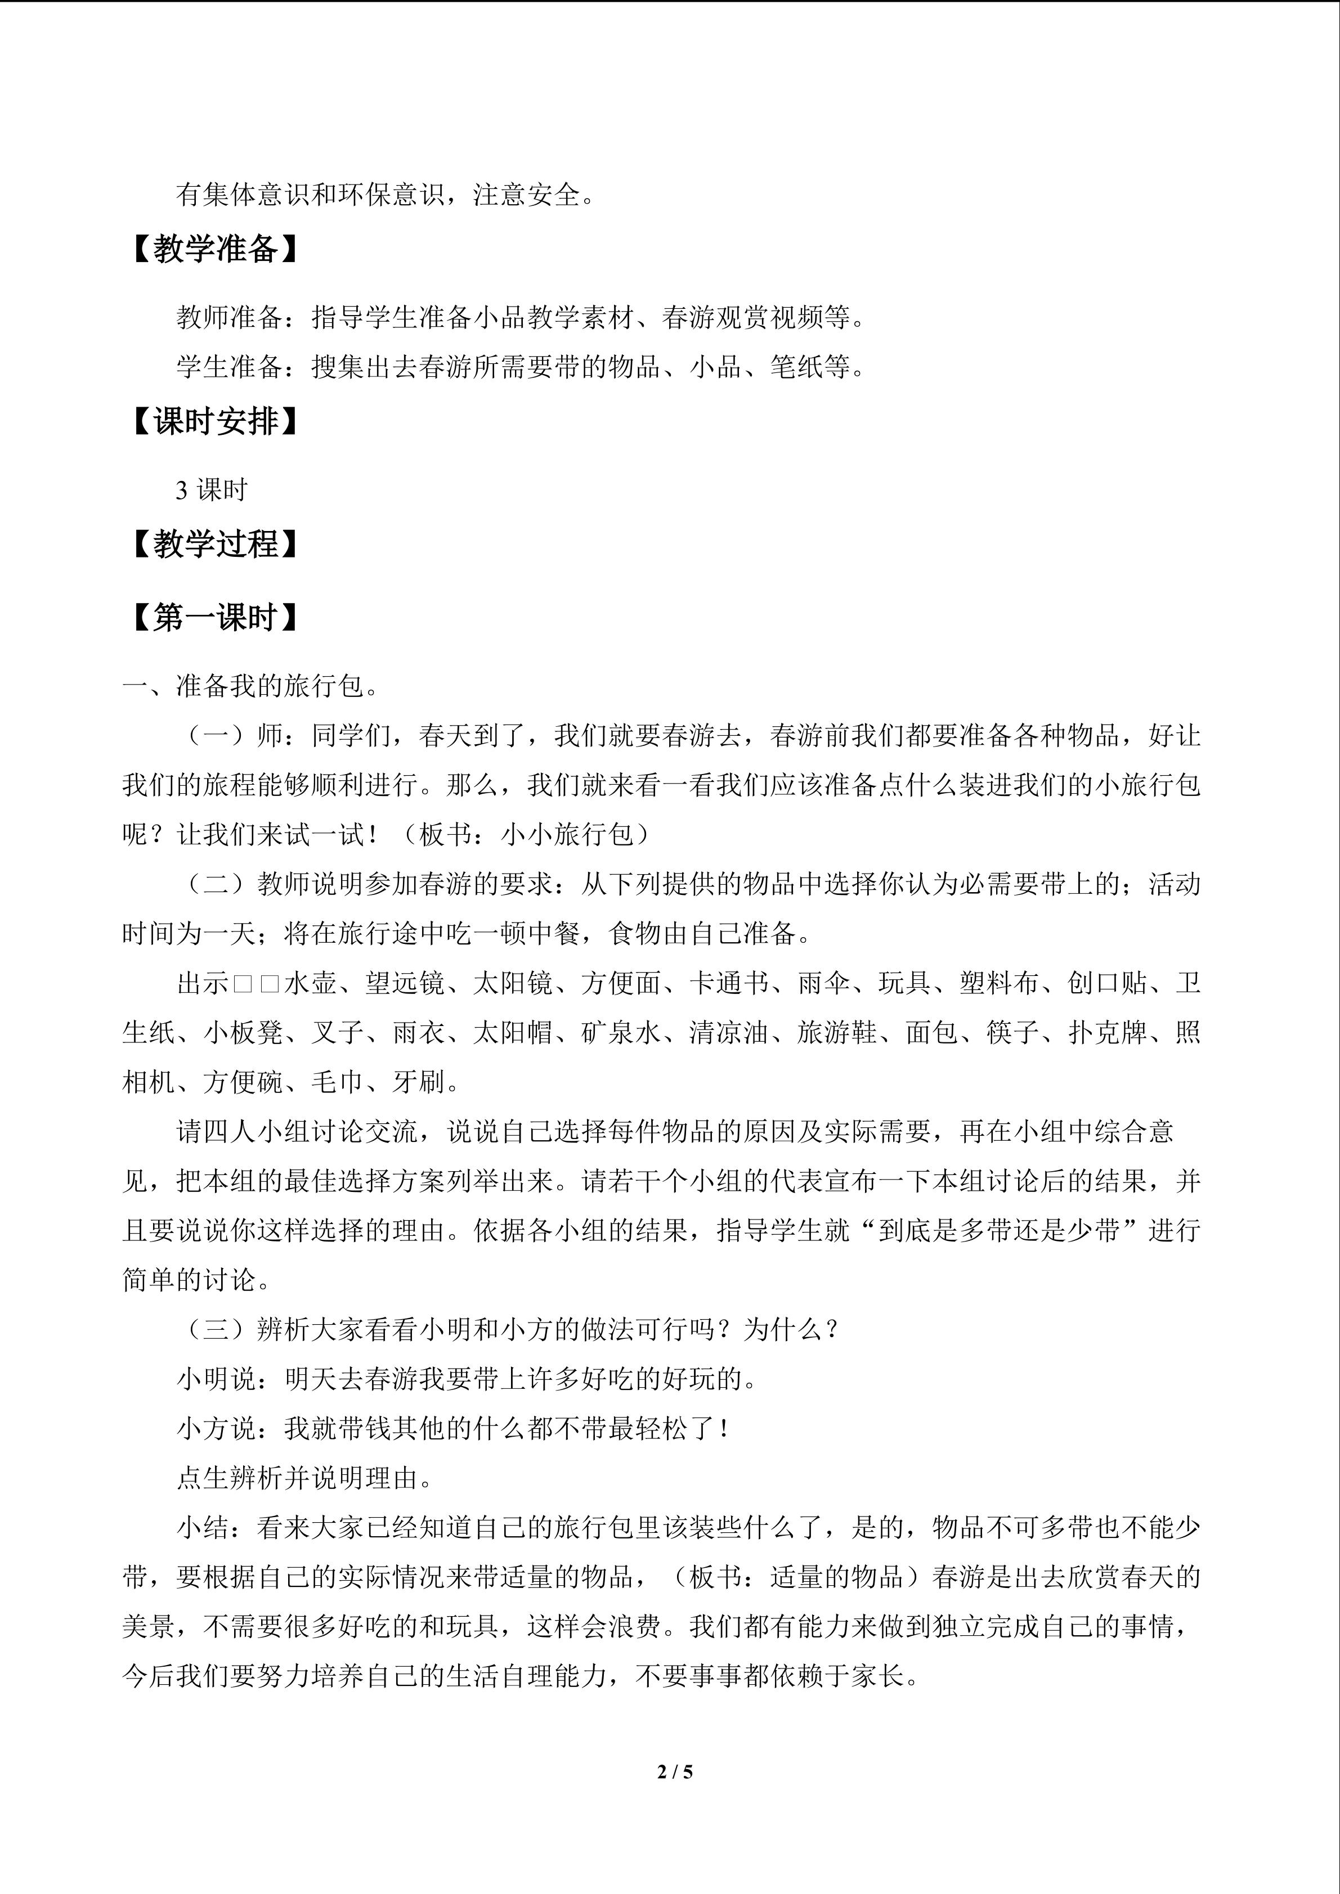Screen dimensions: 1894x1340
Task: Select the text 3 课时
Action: [211, 490]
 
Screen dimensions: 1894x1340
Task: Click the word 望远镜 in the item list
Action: [404, 983]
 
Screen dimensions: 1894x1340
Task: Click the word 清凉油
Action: [729, 1033]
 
